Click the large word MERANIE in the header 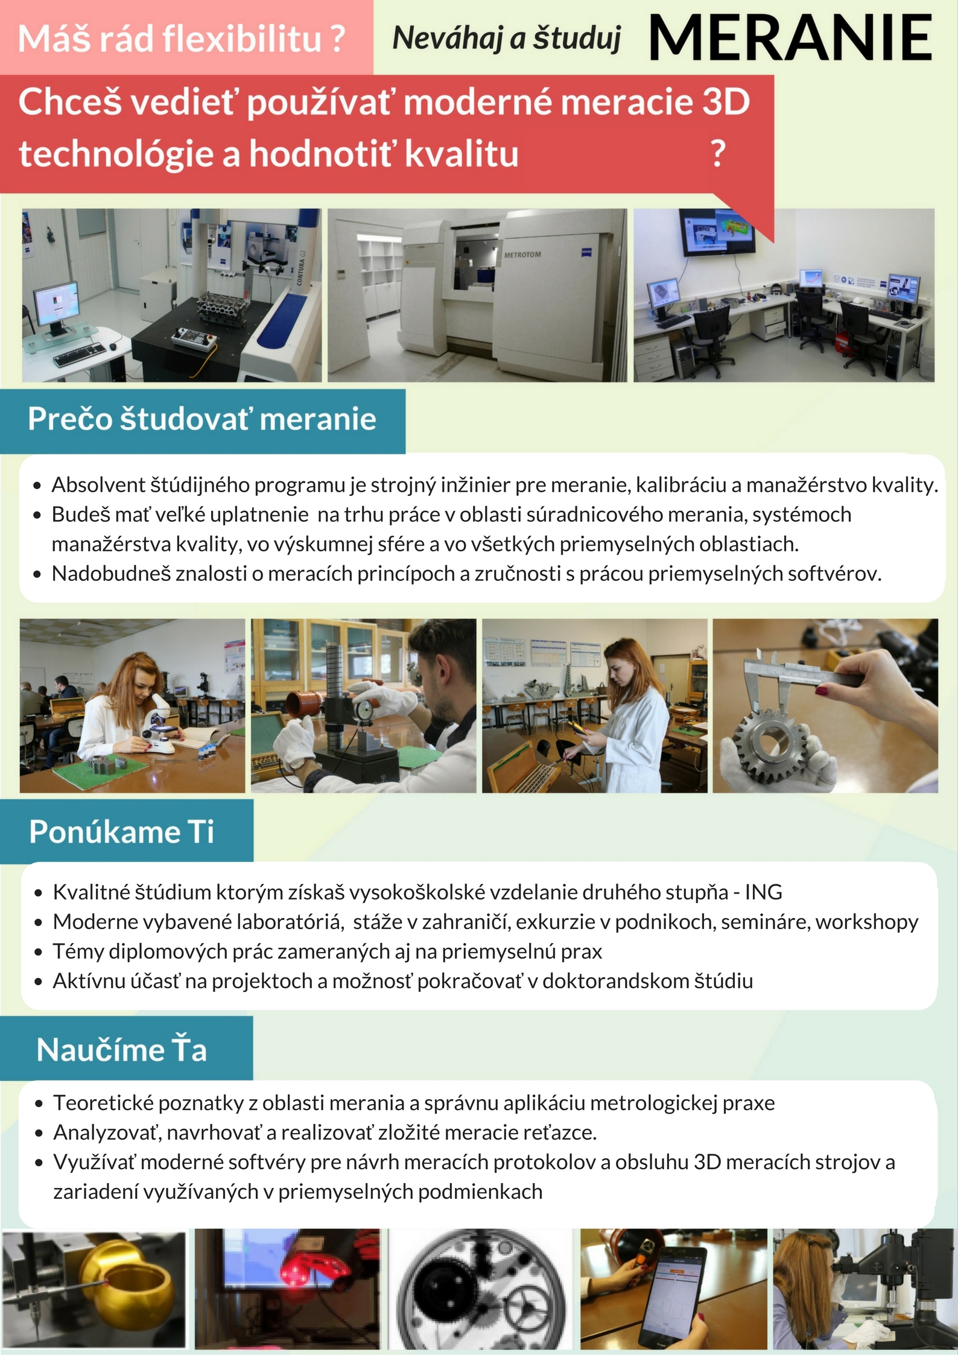point(790,38)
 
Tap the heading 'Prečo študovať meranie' point(202,419)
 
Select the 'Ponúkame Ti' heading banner point(126,831)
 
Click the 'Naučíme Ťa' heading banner point(126,1049)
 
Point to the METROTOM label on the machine point(522,255)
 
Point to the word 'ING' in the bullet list point(764,892)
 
